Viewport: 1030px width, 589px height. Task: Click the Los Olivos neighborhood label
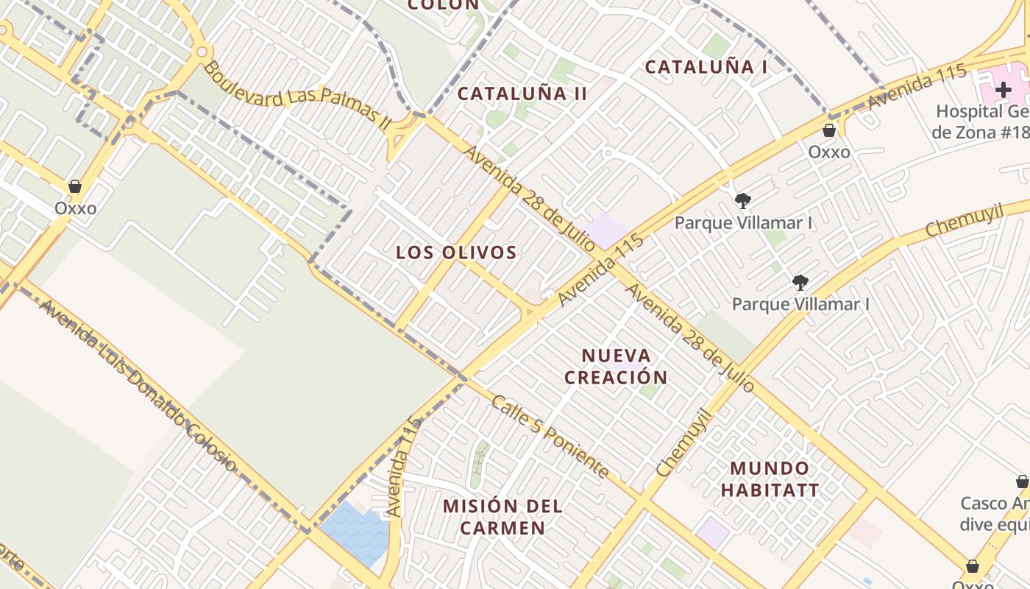[x=456, y=253]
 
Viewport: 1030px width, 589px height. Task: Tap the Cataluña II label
[x=522, y=94]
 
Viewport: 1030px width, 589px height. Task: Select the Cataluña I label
[x=706, y=67]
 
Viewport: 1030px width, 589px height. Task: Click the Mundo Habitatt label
[x=770, y=479]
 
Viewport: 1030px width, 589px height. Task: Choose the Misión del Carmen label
[x=503, y=517]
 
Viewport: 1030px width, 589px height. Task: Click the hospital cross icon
[x=1004, y=91]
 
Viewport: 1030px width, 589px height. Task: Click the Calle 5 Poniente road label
[x=550, y=437]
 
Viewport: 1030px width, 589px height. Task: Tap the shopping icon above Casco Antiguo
[x=1022, y=482]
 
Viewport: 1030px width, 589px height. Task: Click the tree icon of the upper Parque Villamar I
[x=743, y=200]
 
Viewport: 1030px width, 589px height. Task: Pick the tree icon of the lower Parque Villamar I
[x=800, y=282]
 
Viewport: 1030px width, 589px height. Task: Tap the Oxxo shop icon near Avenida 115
[x=829, y=131]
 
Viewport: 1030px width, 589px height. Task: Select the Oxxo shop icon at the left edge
[x=75, y=187]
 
